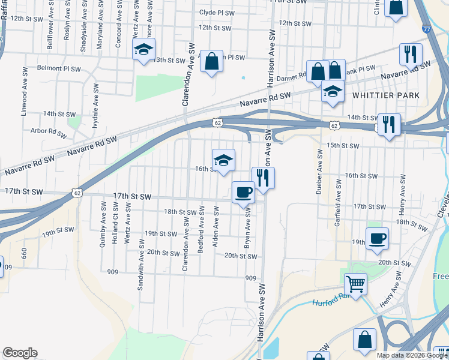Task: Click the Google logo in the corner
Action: [x=20, y=353]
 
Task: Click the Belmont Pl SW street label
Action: [x=59, y=68]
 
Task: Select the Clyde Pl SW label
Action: [x=215, y=12]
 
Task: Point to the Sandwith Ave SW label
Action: [x=141, y=265]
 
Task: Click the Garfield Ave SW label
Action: [x=338, y=206]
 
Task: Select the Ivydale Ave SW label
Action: [x=94, y=106]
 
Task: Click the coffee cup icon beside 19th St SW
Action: [x=377, y=238]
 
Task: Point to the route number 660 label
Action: [x=23, y=253]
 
